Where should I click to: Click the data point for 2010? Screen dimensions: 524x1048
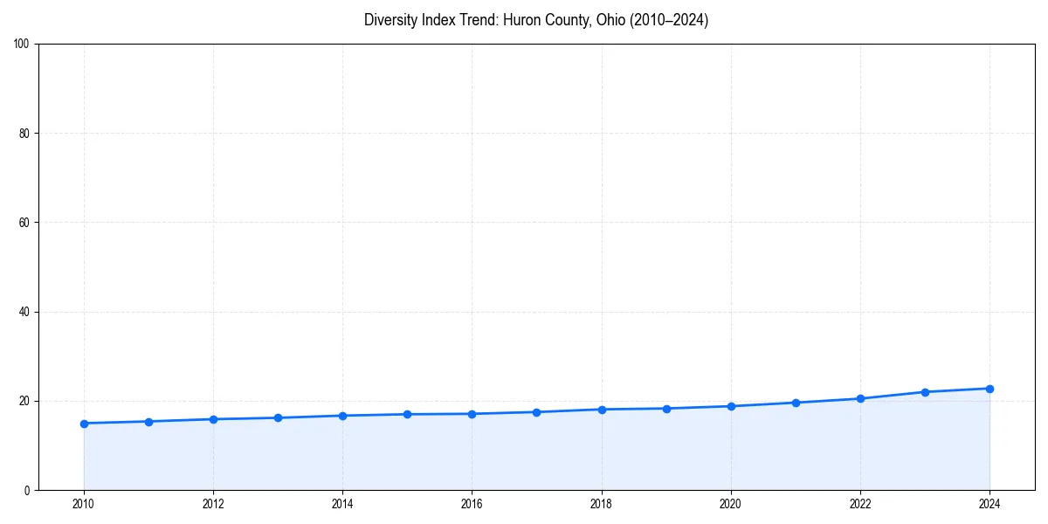[84, 424]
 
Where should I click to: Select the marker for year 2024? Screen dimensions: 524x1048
[989, 389]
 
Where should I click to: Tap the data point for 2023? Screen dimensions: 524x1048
[925, 392]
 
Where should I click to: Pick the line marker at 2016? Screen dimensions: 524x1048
[472, 414]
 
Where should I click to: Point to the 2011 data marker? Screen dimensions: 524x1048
[148, 422]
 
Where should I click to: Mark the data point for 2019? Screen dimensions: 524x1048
[666, 409]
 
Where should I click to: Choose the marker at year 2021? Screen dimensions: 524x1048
[796, 403]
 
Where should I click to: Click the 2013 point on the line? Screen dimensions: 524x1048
[278, 417]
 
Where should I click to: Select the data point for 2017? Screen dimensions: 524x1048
[536, 412]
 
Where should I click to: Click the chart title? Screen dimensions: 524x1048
[536, 20]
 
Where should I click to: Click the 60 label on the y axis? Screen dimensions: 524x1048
[25, 223]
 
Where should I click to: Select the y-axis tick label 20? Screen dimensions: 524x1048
[25, 401]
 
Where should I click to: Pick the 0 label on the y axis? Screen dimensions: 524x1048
[28, 490]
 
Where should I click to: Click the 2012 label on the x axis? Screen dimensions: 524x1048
[213, 504]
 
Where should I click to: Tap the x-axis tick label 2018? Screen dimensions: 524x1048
[601, 504]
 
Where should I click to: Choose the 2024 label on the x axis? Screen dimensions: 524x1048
[989, 504]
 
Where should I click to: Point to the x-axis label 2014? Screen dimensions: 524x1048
[342, 504]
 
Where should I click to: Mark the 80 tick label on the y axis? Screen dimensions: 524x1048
[25, 134]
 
